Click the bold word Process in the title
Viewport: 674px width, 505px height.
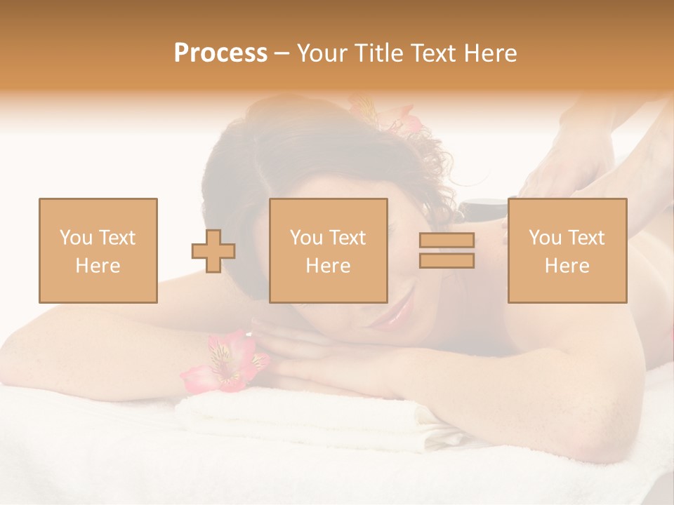[x=220, y=53]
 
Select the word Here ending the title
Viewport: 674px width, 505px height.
[x=489, y=53]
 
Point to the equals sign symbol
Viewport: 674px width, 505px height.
[x=447, y=250]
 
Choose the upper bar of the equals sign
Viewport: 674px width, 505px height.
[x=447, y=241]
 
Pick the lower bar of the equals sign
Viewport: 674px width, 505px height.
[x=447, y=260]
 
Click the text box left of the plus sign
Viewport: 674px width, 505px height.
[x=98, y=250]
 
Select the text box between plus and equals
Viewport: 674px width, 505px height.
[x=328, y=250]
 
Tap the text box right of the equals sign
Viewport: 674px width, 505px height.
[x=567, y=250]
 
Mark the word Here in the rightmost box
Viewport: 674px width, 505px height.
[x=567, y=266]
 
